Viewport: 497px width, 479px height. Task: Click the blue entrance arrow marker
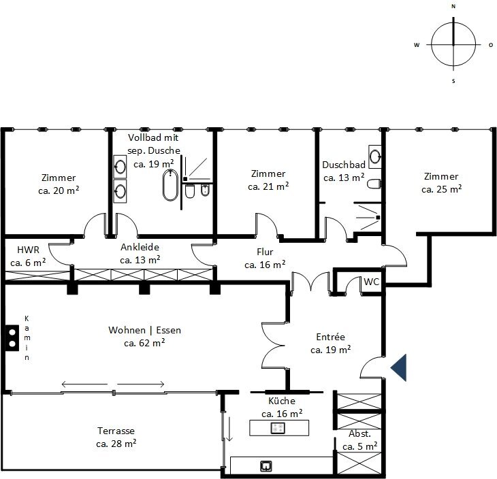point(400,367)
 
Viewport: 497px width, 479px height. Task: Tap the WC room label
point(372,282)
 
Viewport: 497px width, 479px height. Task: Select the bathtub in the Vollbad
point(170,185)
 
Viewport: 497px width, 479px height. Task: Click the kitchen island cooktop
point(278,429)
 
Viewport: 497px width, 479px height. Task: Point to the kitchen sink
point(266,466)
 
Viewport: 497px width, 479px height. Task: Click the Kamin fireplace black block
point(12,338)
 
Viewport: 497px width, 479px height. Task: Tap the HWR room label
point(28,250)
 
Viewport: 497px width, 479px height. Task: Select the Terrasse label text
point(116,431)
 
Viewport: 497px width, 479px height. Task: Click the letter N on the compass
point(453,6)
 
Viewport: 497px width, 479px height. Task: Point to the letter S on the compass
point(453,81)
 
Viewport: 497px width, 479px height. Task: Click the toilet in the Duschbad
point(374,184)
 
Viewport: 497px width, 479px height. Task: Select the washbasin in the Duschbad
point(375,156)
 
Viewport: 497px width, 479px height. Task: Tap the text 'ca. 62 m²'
point(144,343)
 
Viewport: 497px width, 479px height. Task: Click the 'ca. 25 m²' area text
point(442,189)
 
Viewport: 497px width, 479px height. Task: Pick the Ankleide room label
point(140,247)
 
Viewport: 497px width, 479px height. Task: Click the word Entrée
point(331,337)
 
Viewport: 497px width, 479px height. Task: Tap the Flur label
point(265,252)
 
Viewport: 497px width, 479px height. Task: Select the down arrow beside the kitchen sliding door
point(229,429)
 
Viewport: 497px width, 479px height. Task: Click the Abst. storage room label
point(359,433)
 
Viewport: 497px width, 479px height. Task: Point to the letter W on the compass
point(417,45)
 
